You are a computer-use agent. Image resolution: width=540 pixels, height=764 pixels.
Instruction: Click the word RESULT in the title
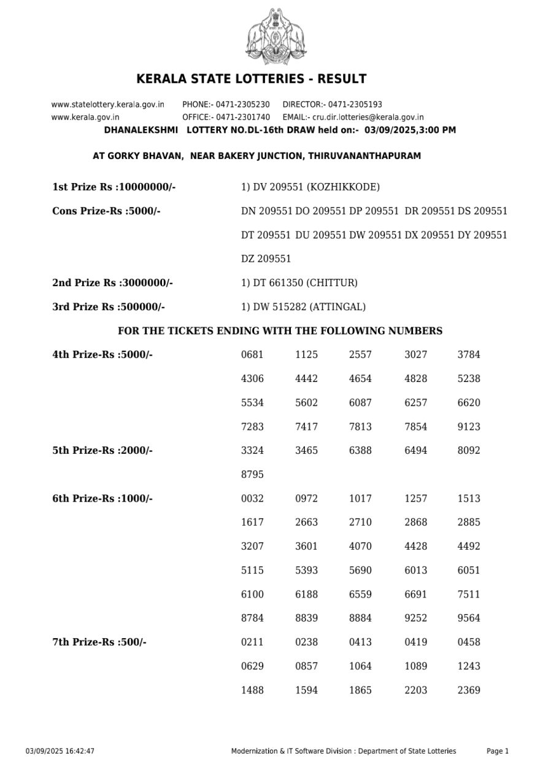[344, 79]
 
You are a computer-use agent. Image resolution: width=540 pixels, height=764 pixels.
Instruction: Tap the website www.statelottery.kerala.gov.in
[107, 104]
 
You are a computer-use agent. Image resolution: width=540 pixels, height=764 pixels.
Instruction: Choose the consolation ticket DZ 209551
[266, 259]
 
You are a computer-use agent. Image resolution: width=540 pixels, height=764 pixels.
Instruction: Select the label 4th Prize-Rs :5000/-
[102, 355]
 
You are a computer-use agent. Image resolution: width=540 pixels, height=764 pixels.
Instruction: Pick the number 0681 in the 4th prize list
[252, 355]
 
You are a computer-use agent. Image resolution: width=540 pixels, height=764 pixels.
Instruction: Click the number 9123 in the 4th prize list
[469, 427]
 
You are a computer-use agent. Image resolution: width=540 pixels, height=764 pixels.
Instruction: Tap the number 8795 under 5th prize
[252, 475]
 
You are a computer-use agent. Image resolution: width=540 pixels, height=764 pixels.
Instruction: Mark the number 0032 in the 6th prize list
[252, 499]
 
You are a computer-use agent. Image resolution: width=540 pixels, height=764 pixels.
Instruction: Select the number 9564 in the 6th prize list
[469, 618]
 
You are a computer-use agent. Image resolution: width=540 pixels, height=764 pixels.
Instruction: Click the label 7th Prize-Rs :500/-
[99, 642]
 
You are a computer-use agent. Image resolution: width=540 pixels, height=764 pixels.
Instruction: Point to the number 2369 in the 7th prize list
[469, 690]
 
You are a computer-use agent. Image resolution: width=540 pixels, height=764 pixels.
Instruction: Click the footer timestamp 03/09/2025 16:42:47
[60, 751]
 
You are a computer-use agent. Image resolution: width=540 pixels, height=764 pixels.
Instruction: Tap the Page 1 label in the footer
[498, 751]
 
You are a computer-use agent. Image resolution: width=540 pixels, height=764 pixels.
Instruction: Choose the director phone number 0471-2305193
[355, 104]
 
